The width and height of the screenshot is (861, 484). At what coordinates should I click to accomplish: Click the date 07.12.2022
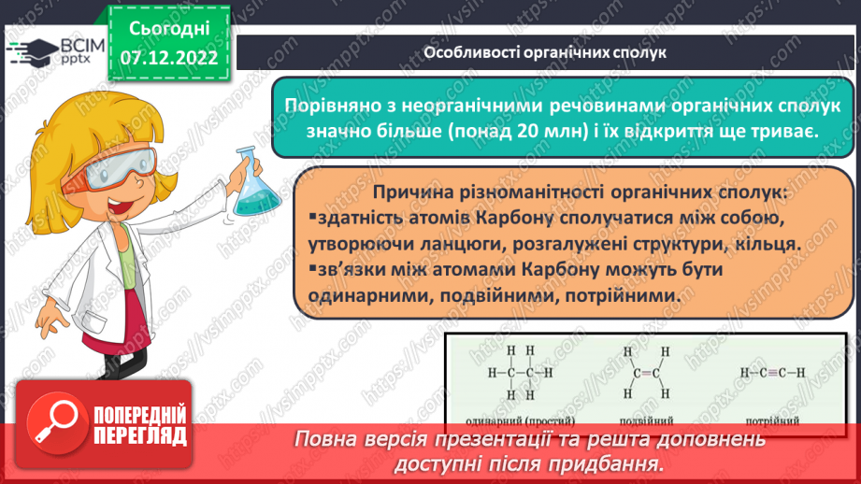[x=168, y=56]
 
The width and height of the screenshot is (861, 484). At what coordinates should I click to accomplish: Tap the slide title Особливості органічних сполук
[x=545, y=52]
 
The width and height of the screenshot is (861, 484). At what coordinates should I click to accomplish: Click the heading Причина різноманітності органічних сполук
[x=580, y=192]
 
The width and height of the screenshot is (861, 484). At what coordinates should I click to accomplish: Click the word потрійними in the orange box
[x=644, y=296]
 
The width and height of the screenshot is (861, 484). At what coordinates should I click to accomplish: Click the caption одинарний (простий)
[x=512, y=420]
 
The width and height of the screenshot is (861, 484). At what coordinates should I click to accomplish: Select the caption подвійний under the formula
[x=641, y=420]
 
